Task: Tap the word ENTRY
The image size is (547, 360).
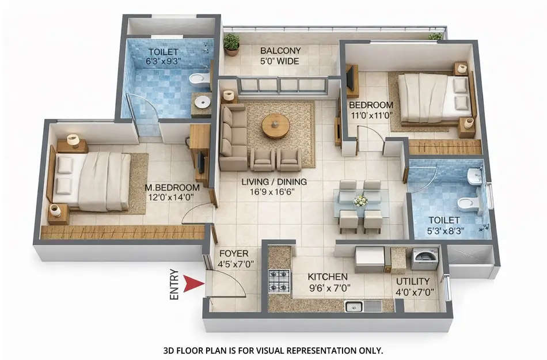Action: (174, 285)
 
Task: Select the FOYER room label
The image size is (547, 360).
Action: (233, 253)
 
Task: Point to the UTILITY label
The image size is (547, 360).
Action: (413, 281)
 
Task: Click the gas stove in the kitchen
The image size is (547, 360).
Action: (279, 281)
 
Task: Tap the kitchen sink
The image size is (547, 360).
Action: (353, 306)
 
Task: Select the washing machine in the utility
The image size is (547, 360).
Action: (425, 259)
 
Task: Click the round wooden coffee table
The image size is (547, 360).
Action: (276, 125)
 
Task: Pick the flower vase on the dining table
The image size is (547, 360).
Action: (360, 201)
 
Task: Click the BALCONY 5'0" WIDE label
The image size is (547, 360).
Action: (280, 55)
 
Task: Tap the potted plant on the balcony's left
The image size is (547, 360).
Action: (231, 44)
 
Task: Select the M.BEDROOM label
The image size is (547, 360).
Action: (172, 188)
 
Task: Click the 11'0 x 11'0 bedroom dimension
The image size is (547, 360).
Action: (371, 115)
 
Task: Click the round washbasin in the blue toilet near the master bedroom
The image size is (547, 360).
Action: (202, 102)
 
